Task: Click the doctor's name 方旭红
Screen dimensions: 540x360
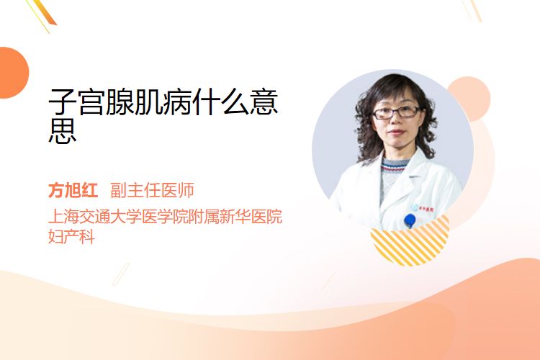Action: [x=73, y=190]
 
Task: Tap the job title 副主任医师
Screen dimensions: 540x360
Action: [x=152, y=190]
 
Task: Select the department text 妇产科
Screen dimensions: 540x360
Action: [x=71, y=237]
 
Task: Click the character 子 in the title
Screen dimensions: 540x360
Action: [x=63, y=102]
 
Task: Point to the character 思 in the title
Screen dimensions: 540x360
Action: [x=63, y=131]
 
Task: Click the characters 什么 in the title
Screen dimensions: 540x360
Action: [x=221, y=102]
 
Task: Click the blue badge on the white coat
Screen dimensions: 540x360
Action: [x=410, y=220]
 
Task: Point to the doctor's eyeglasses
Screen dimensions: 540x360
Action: [x=397, y=112]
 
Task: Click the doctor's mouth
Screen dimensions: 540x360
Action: [x=396, y=132]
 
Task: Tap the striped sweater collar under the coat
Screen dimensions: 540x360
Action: [x=394, y=166]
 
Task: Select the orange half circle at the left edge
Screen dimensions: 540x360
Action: [x=13, y=73]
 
